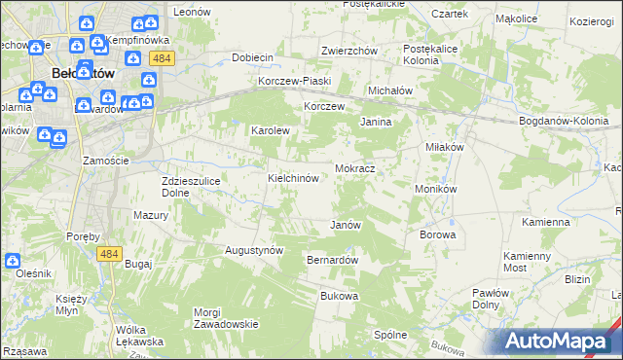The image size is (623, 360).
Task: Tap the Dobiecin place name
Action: tap(251, 57)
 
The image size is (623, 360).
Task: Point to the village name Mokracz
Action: tap(355, 168)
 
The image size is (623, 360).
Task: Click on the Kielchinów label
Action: tap(294, 179)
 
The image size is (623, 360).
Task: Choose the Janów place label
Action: tap(346, 225)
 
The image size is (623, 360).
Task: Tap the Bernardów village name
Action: tap(333, 261)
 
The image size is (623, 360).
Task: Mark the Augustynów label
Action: tap(254, 250)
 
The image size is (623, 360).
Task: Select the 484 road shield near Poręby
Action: tap(109, 253)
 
